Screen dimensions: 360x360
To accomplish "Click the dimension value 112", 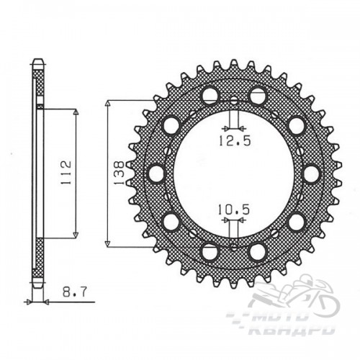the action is click(x=66, y=173).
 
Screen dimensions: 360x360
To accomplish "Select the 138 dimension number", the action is click(x=120, y=173).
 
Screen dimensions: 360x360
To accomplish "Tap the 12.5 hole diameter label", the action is click(x=235, y=140).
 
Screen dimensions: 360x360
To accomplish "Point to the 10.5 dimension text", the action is click(x=234, y=209).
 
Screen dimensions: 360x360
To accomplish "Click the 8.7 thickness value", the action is click(x=74, y=292).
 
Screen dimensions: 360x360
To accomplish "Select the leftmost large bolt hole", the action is click(x=156, y=174).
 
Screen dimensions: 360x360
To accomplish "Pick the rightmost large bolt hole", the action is click(x=311, y=174).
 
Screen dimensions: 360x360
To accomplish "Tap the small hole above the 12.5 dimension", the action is click(x=234, y=101).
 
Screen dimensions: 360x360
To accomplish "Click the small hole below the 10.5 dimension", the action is click(x=234, y=246).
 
